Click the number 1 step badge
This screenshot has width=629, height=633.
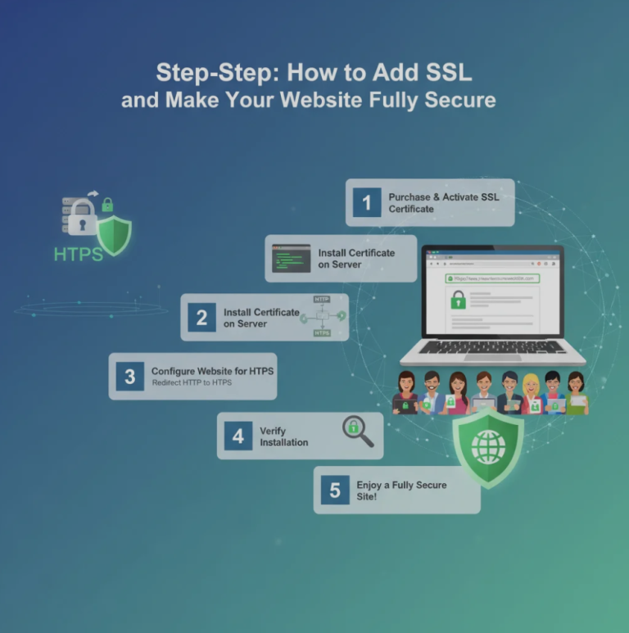[x=367, y=202]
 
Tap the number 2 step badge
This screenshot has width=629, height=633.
[x=201, y=318]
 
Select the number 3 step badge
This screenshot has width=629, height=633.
[x=129, y=377]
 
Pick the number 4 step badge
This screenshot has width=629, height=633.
[x=238, y=436]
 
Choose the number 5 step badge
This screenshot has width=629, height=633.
[x=334, y=490]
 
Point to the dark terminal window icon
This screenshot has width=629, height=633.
[x=292, y=259]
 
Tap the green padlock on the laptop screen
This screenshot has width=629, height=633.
[x=459, y=301]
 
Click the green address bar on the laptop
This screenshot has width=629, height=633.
[x=491, y=278]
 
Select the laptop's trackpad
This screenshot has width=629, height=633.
[x=492, y=357]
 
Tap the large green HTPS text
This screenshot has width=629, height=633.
[x=79, y=254]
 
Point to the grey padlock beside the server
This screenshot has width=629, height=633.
[x=82, y=219]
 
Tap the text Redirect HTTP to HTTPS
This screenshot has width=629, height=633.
[x=192, y=383]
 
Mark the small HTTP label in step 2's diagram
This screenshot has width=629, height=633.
[x=321, y=300]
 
